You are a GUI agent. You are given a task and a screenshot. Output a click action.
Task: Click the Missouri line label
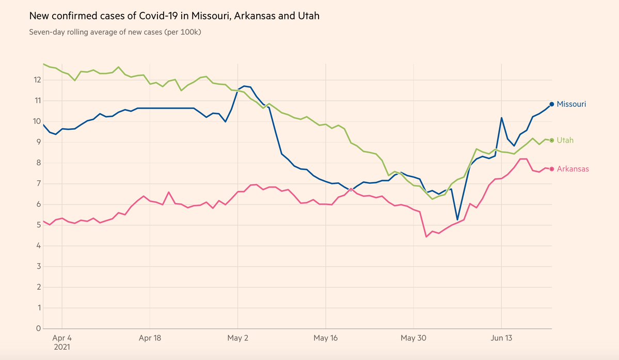pos(571,104)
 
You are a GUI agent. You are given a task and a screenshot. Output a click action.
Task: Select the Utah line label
pos(565,140)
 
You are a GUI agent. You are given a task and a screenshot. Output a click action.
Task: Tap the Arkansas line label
pos(573,169)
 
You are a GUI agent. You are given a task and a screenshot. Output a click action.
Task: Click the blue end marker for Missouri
pos(551,104)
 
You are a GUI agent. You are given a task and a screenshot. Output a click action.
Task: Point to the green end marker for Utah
pos(551,140)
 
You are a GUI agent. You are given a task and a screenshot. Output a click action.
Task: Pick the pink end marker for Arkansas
pos(551,169)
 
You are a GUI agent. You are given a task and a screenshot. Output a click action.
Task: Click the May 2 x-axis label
pos(237,338)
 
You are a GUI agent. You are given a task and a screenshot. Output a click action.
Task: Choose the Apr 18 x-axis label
pos(150,338)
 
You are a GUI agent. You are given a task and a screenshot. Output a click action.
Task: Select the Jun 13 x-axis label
pos(501,338)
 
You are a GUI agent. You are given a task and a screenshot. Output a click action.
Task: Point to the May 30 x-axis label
pos(414,338)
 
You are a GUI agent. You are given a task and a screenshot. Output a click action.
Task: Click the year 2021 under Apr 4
pos(61,348)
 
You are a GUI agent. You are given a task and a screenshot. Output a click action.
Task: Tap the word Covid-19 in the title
pos(161,16)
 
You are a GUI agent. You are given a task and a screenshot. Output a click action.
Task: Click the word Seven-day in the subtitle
pos(47,32)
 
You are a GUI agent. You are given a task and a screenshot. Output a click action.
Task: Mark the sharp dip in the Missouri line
pos(457,220)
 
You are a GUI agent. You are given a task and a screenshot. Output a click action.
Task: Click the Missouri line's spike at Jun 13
pos(501,118)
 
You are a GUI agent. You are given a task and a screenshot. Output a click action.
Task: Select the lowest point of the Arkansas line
pos(426,237)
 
